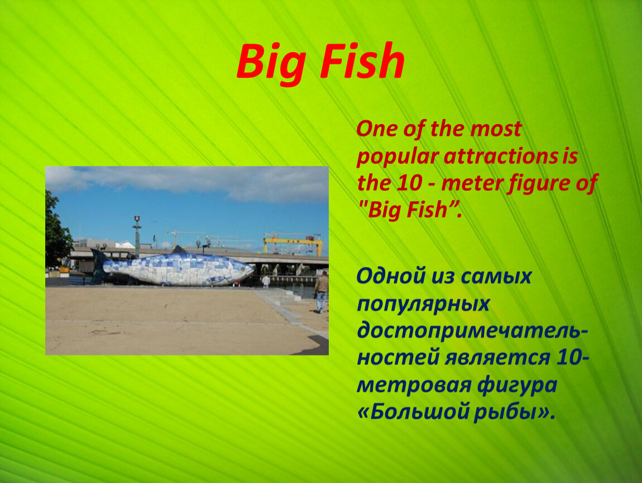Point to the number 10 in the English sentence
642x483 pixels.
point(409,183)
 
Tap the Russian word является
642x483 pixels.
point(497,358)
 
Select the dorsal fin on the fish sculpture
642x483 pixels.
point(179,250)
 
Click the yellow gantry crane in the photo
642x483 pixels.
point(293,244)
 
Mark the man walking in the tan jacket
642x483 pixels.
point(322,291)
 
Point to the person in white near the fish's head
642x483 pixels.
point(266,281)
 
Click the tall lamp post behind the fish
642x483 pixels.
point(137,236)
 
